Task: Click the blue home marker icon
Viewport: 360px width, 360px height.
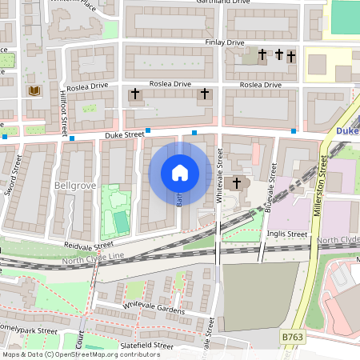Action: pyautogui.click(x=180, y=173)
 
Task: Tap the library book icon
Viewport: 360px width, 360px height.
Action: pyautogui.click(x=34, y=91)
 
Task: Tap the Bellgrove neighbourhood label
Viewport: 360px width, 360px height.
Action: pyautogui.click(x=74, y=186)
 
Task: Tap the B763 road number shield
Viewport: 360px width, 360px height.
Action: pyautogui.click(x=293, y=339)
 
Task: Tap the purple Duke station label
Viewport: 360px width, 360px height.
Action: pyautogui.click(x=347, y=130)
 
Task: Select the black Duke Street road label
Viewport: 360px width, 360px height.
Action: pyautogui.click(x=124, y=136)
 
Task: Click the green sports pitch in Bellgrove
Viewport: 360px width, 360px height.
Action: pyautogui.click(x=120, y=221)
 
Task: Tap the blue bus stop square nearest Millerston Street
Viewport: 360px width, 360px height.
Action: pyautogui.click(x=294, y=130)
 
